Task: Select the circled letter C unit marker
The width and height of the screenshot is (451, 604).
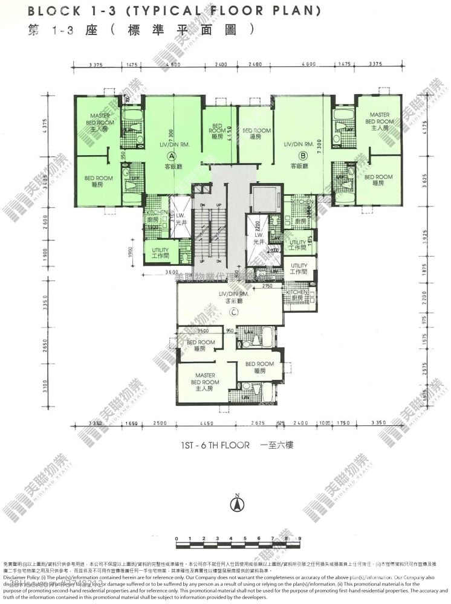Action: click(x=233, y=312)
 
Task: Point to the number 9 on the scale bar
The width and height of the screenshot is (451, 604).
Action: click(x=300, y=538)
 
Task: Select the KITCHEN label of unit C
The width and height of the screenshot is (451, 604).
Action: click(x=294, y=294)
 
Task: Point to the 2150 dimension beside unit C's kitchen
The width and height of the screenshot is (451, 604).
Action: click(x=268, y=285)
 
